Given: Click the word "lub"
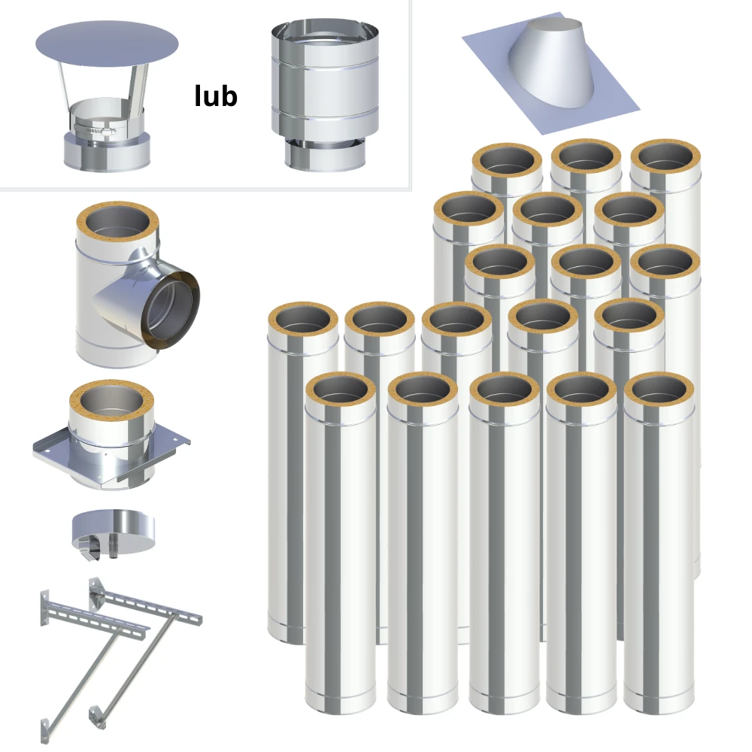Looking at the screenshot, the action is tap(216, 96).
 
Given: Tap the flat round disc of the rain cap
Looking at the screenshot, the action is tap(107, 44).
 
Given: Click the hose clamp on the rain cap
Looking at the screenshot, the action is tap(95, 130).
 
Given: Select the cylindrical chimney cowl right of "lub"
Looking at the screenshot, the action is tap(325, 95).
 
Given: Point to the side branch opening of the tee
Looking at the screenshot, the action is tap(170, 310).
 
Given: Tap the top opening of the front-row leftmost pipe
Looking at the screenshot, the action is tap(340, 390).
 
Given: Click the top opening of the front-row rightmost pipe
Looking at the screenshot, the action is tap(659, 390).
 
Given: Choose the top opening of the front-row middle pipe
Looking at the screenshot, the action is tap(504, 390).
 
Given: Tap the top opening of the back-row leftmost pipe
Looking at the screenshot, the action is tap(507, 161).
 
